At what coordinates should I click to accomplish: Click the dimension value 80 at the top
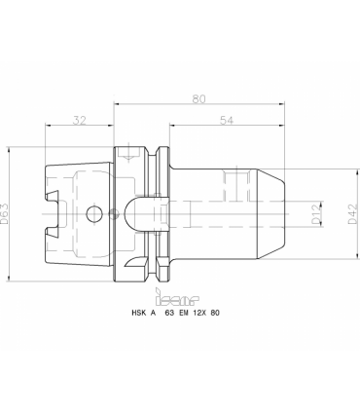198,98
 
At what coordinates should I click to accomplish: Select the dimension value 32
80,120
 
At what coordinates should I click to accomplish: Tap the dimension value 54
227,120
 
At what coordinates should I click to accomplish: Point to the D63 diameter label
5,214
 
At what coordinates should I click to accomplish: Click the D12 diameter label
317,214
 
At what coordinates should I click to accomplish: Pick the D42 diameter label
353,214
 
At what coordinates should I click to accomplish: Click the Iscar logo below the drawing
177,297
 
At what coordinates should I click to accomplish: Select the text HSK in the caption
138,313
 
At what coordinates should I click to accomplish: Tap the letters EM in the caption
184,313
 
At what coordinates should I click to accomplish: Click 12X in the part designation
200,313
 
